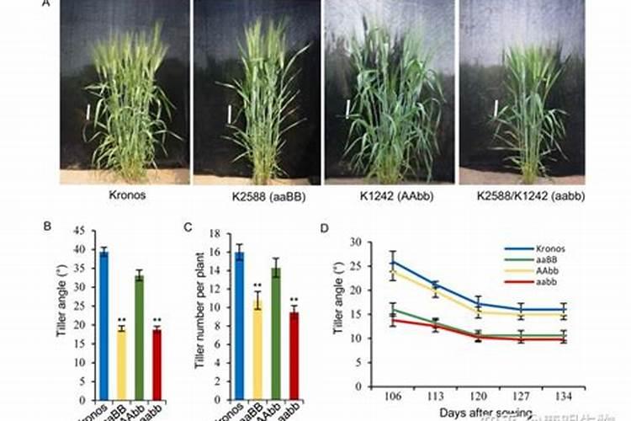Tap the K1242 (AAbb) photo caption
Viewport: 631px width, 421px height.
point(387,196)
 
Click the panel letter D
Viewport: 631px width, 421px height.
point(326,226)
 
